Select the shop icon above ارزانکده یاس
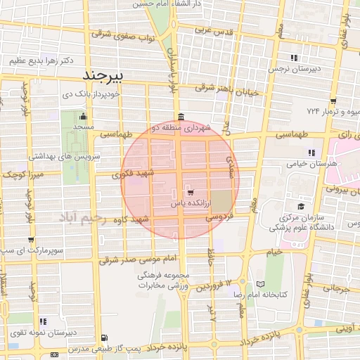point(190,191)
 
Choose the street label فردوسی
point(219,219)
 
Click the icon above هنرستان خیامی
point(311,152)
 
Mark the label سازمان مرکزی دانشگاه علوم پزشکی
point(307,221)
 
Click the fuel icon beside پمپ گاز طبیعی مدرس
point(104,338)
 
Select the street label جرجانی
point(335,288)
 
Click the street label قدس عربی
point(213,30)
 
